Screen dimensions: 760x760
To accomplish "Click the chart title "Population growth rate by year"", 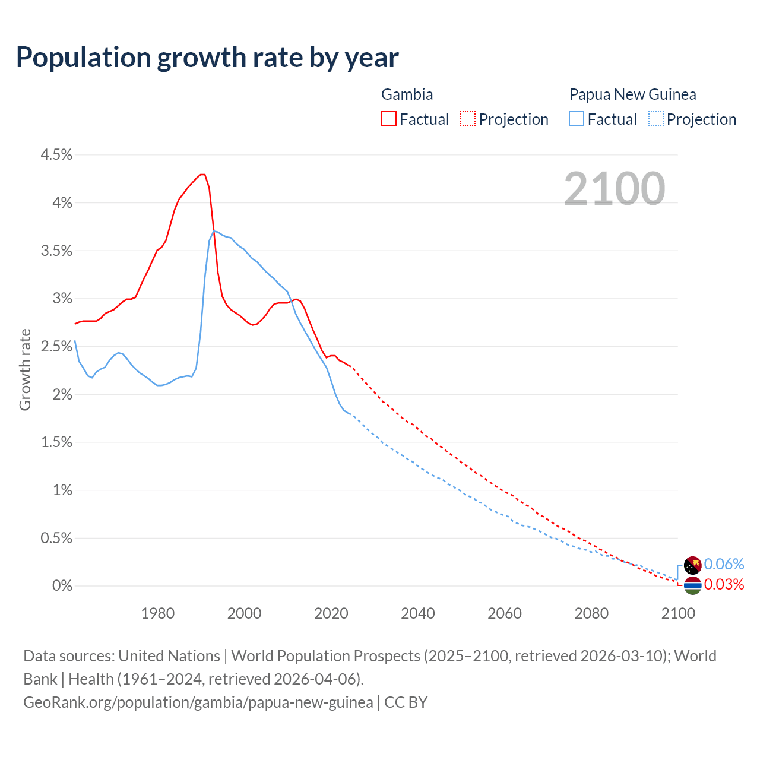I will (207, 58).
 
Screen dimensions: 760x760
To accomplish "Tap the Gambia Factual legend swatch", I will (389, 119).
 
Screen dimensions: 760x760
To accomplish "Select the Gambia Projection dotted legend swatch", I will (468, 119).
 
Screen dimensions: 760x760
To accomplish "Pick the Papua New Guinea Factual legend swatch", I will (577, 119).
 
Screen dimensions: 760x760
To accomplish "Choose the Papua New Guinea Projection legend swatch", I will (655, 119).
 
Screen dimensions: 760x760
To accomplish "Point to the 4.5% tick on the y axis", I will (56, 155).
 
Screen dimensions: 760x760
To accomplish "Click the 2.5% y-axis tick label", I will (56, 347).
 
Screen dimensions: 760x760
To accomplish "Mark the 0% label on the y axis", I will (62, 586).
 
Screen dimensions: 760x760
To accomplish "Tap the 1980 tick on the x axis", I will (158, 613).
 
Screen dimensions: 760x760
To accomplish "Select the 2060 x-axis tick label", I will (505, 613).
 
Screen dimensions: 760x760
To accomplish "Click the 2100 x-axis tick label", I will (678, 613).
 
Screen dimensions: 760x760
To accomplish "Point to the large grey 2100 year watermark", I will (615, 189).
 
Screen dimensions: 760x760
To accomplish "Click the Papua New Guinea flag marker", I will (693, 565).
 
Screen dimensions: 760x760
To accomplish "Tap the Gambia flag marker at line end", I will (693, 585).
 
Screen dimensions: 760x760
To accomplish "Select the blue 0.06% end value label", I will (724, 564).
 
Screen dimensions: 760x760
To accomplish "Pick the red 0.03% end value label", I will (724, 585).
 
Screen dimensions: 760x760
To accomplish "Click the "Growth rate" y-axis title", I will (25, 369).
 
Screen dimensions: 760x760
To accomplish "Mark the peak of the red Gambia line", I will (202, 174).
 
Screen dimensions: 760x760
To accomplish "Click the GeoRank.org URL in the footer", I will (198, 702).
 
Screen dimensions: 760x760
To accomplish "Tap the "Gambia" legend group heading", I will (407, 94).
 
